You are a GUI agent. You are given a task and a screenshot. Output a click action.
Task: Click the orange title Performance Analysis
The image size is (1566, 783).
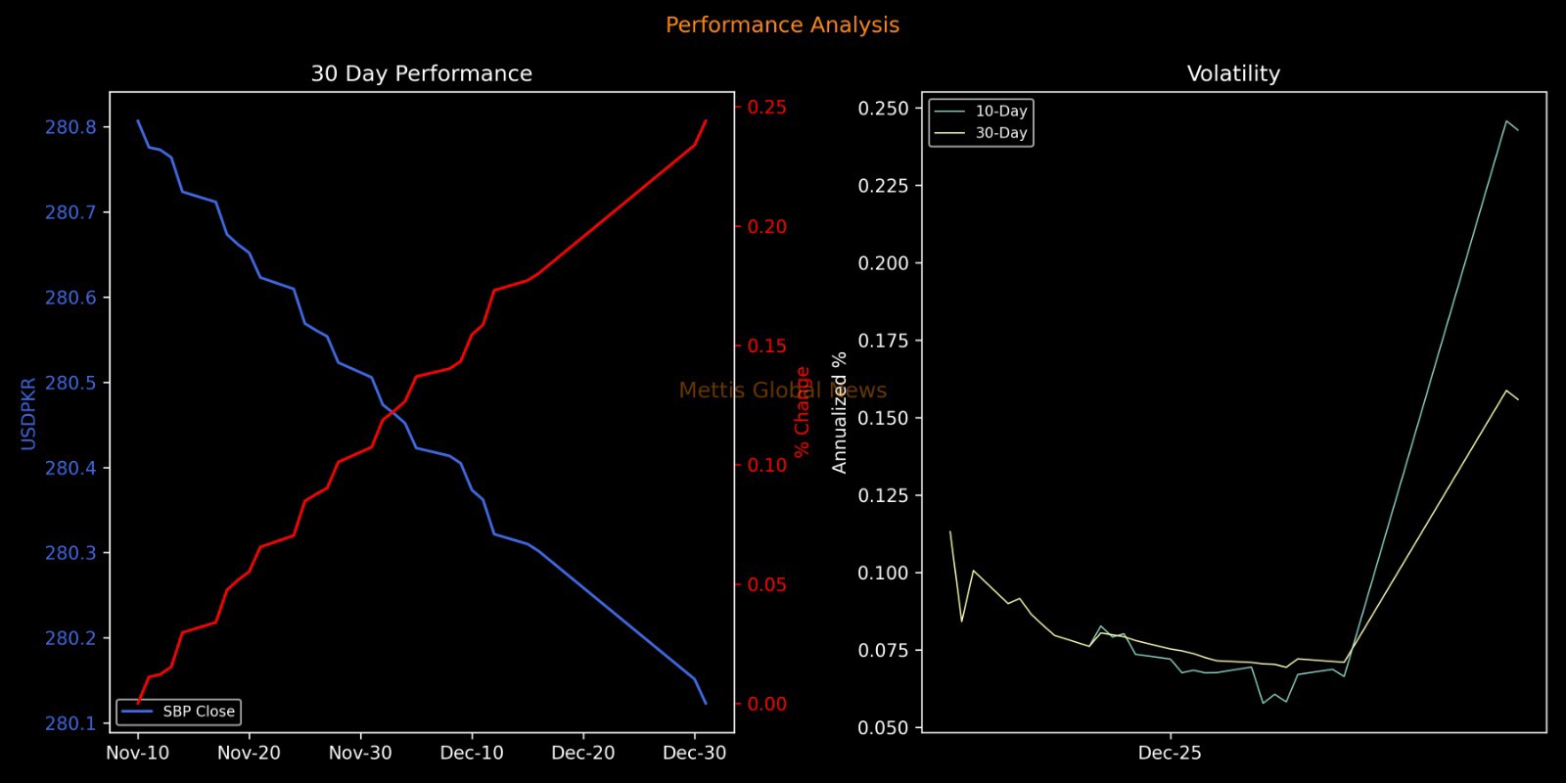point(782,25)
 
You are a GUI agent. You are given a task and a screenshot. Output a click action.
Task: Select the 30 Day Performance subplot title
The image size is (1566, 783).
point(421,74)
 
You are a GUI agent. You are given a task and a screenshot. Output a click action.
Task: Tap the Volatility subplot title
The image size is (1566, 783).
point(1233,74)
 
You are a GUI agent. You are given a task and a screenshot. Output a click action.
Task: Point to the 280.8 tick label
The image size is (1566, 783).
point(70,127)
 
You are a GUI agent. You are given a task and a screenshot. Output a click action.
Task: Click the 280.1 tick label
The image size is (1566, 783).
point(70,723)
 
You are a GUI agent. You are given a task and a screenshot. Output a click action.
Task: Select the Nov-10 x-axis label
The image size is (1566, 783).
point(137,754)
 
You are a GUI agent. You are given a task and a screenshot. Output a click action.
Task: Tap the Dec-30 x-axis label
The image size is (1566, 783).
point(694,754)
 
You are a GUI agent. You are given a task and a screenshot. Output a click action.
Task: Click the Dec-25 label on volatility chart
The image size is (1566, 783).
point(1170,754)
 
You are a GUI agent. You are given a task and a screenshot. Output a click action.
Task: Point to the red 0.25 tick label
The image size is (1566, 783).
point(767,107)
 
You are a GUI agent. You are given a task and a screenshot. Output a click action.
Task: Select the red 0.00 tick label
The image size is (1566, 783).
point(767,704)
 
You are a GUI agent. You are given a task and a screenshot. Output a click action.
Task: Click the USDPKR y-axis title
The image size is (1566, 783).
point(28,413)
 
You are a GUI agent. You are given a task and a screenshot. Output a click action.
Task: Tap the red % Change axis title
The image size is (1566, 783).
point(803,411)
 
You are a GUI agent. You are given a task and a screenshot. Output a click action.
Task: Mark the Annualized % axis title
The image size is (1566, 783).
point(839,413)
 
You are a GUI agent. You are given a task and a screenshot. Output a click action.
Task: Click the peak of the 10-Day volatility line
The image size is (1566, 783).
point(1506,121)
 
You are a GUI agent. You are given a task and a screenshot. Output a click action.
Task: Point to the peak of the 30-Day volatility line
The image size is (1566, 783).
point(1506,391)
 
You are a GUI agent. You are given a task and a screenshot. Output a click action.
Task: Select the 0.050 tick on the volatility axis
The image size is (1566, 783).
point(883,727)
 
